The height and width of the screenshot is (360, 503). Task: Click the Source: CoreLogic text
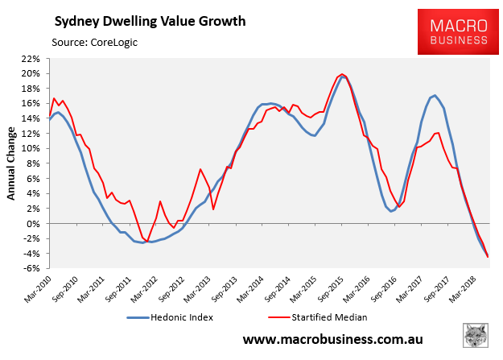[x=94, y=40]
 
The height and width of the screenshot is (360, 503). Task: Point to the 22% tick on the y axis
[x=31, y=59]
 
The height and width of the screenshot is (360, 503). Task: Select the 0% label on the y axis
[x=34, y=224]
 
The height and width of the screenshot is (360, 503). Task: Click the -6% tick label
[x=32, y=269]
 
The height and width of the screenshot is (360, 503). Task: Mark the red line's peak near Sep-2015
[x=342, y=74]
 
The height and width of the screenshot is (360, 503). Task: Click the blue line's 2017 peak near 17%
[x=435, y=96]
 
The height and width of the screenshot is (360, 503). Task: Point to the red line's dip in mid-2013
[x=213, y=209]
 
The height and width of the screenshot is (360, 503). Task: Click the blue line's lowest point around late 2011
[x=144, y=242]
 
